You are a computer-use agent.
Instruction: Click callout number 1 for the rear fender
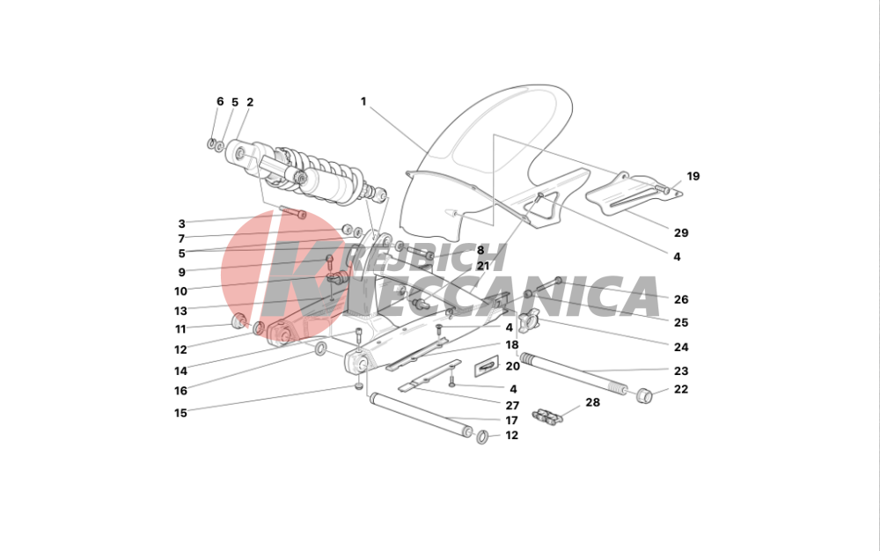click(363, 101)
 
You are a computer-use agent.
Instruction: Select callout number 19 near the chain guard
click(693, 176)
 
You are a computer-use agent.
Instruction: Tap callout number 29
click(681, 233)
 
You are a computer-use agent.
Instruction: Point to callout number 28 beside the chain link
click(592, 402)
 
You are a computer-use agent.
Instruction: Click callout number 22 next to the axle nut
click(681, 389)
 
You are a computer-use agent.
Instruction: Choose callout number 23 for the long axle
click(681, 371)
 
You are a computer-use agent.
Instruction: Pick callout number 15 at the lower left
click(180, 413)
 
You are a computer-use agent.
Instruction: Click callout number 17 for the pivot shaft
click(511, 420)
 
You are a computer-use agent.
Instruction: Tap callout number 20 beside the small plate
click(512, 366)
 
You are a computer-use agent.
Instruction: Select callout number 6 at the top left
click(220, 101)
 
